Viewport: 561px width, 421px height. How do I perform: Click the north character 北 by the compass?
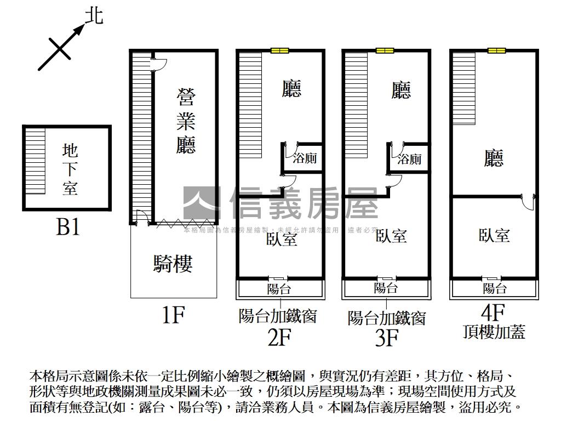click(94, 16)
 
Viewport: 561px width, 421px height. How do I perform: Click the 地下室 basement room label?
click(70, 169)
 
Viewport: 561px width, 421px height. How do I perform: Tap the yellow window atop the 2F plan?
click(279, 51)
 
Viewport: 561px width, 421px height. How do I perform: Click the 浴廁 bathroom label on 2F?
click(305, 159)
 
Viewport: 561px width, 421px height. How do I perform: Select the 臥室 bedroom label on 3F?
click(391, 236)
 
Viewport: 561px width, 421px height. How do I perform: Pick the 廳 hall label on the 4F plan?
click(494, 159)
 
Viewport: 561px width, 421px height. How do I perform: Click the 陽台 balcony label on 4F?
click(495, 288)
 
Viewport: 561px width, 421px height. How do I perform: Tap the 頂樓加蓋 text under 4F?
click(494, 332)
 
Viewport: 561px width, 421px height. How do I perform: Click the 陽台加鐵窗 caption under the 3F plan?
click(387, 318)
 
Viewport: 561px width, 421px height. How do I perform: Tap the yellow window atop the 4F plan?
click(496, 51)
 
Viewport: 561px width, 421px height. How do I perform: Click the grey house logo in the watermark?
click(201, 203)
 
